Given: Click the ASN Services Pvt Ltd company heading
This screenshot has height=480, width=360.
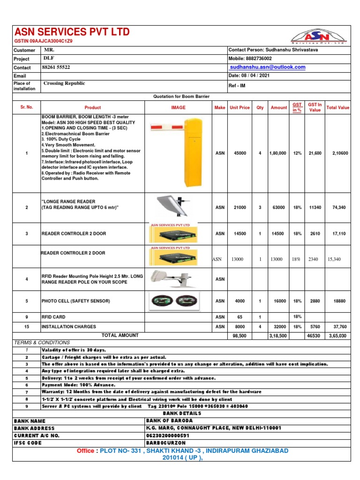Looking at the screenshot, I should [72, 32].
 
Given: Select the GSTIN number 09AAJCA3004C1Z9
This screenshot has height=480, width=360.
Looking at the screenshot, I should [44, 41].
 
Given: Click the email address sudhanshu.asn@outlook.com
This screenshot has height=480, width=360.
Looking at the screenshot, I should [267, 67].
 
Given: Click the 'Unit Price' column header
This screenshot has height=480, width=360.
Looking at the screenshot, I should [239, 107].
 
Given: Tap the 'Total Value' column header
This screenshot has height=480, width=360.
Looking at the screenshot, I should [337, 107].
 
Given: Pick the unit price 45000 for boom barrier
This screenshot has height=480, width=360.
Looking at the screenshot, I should [239, 153].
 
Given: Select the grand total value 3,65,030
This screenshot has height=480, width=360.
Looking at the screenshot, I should [338, 336].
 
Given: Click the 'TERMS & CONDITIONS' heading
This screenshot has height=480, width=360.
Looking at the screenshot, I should [42, 343].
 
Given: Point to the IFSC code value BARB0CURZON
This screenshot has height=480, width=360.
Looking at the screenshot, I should [166, 443].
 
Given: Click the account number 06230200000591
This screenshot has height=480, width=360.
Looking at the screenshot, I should [170, 435].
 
